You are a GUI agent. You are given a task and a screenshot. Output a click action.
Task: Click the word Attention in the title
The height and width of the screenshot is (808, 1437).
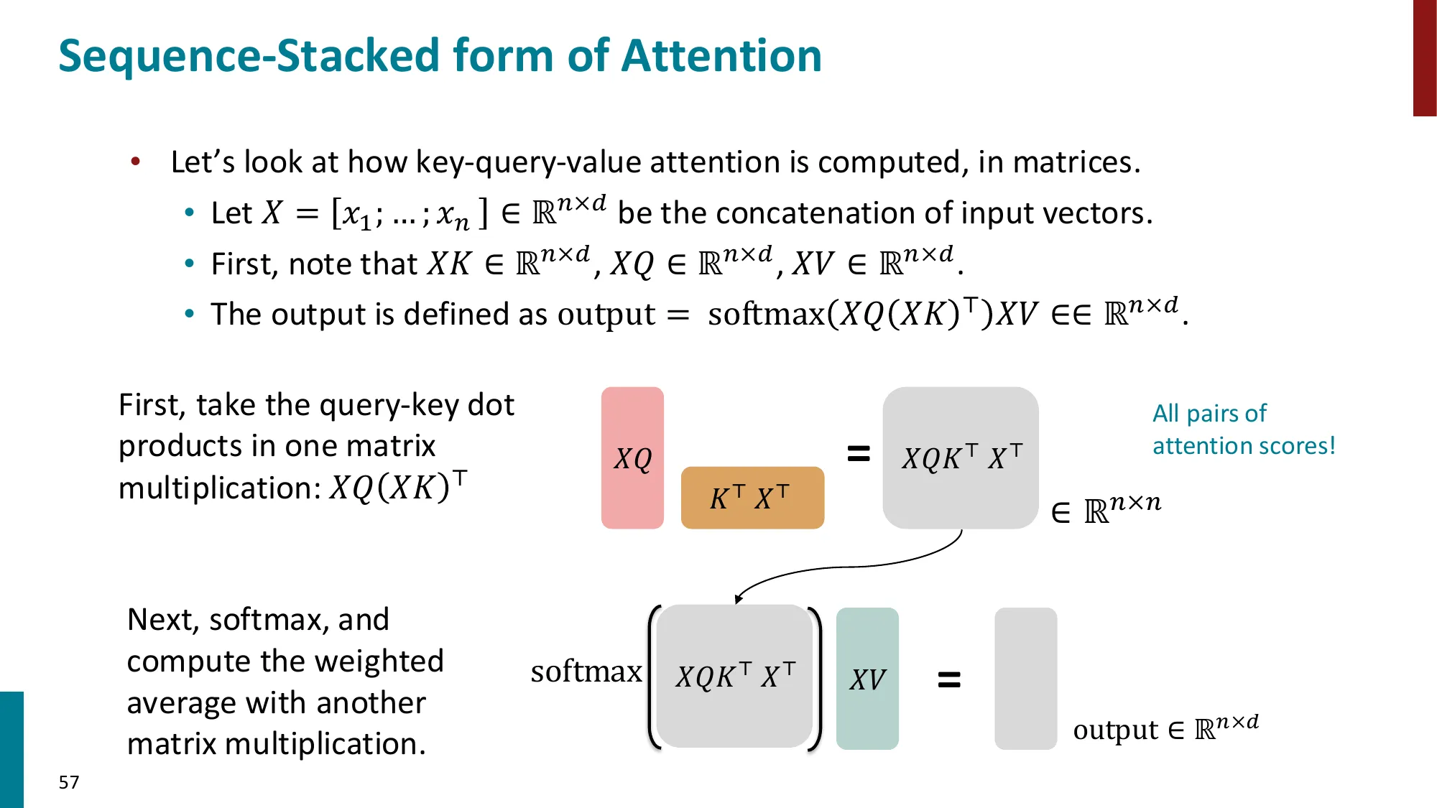click(721, 56)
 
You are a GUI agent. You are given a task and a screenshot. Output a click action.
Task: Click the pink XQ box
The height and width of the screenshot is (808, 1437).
click(632, 458)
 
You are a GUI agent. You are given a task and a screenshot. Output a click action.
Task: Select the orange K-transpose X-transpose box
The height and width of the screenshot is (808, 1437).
click(752, 498)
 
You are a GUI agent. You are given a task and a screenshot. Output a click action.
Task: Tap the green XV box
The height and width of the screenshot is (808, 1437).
click(867, 679)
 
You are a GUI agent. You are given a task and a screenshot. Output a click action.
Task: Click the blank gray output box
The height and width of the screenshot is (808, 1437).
click(1025, 679)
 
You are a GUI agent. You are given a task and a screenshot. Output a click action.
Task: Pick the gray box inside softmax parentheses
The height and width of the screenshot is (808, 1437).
click(734, 677)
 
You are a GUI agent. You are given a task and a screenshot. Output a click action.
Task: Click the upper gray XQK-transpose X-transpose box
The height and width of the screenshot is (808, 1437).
click(961, 458)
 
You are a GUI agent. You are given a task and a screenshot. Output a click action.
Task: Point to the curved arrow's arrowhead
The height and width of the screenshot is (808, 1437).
click(738, 599)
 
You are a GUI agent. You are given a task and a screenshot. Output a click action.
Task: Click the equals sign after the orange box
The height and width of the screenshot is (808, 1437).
click(859, 453)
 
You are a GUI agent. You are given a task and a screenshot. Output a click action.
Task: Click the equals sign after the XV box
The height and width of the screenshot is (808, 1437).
click(949, 679)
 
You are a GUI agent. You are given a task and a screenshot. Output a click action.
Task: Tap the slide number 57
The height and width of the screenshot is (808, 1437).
click(69, 782)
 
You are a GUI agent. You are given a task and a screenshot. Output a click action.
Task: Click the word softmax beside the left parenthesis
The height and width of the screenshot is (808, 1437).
click(586, 672)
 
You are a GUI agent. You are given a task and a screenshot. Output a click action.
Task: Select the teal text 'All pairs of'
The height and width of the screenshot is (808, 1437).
click(1209, 413)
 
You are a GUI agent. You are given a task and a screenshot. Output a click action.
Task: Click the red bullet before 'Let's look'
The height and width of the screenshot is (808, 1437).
click(135, 162)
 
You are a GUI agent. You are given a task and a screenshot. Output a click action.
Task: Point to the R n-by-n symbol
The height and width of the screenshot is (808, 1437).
click(1122, 509)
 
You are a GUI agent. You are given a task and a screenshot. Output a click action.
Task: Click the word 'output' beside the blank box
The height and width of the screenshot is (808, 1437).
click(1115, 730)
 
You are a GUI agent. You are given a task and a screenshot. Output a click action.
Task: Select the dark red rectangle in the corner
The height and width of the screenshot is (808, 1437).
click(1424, 57)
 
